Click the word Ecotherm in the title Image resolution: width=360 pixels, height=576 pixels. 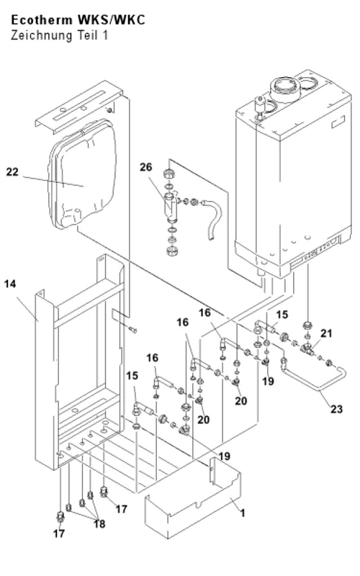pos(42,20)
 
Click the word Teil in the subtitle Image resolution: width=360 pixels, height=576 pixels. pos(87,35)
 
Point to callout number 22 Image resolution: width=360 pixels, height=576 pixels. pos(12,172)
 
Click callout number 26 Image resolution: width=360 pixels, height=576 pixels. pos(145,167)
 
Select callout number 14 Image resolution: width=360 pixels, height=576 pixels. pos(10,284)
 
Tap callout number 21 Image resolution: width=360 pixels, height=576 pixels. pos(326,333)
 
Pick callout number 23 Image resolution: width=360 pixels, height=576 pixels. pos(336,409)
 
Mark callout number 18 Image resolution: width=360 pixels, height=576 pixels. pos(99,524)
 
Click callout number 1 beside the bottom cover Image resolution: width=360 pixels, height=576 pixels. pos(243,513)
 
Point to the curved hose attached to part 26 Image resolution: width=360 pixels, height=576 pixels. pos(214,217)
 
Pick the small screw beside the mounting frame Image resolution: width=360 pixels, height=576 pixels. pos(132,330)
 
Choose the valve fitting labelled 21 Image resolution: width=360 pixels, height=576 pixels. pos(306,348)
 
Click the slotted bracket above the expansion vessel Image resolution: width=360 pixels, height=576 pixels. pos(78,108)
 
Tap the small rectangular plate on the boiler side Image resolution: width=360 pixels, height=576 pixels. pos(338,122)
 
